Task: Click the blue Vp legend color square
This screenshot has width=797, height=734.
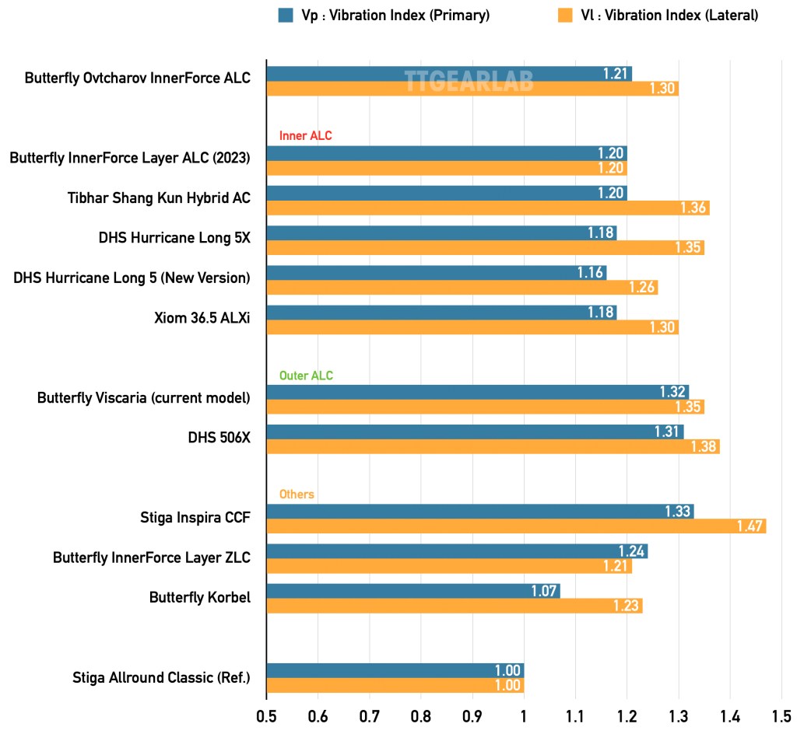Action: coord(286,15)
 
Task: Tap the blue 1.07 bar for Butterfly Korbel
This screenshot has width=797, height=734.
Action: coord(413,591)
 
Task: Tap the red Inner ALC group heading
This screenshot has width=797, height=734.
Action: coord(305,136)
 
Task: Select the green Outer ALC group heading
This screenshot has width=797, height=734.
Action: coord(306,376)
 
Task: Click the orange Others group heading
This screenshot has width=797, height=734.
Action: coord(297,495)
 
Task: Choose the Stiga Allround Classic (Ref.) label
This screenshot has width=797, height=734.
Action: coord(161,677)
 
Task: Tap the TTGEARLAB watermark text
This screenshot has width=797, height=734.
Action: coord(469,81)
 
